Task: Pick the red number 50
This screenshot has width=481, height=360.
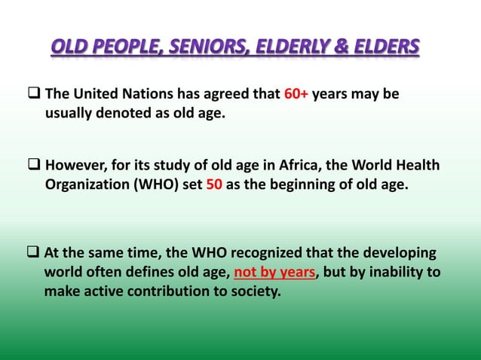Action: pos(213,183)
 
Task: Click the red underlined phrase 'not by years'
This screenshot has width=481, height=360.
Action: pos(271,272)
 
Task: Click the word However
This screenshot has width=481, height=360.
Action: pos(76,165)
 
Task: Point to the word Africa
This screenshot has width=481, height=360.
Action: pos(314,165)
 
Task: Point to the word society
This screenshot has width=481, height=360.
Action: pos(253,291)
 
